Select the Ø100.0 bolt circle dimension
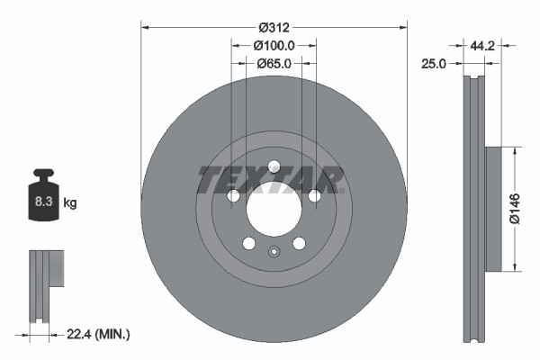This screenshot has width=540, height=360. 274,45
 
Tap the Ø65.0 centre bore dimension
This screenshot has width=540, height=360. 274,64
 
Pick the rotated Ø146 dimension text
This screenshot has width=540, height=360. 514,208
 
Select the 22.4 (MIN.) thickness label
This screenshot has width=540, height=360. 99,334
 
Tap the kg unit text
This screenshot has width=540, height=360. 71,203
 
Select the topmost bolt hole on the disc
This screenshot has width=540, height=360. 274,166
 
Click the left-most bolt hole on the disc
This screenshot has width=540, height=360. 234,195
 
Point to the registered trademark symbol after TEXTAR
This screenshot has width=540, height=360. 343,190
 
